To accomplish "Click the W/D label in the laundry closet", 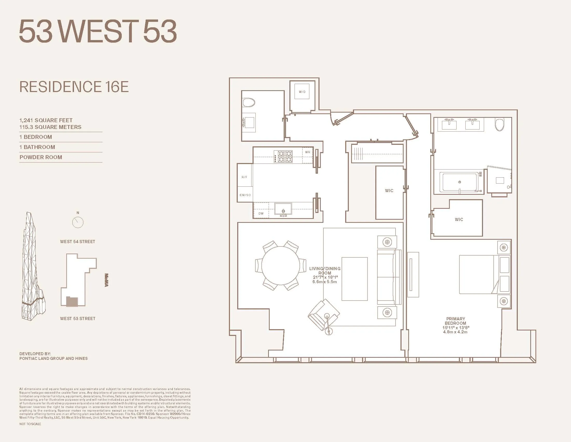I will tap(302, 92).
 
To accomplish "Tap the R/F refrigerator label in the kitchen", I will tap(244, 177).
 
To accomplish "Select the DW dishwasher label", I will tap(261, 213).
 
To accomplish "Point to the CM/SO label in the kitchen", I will tap(245, 195).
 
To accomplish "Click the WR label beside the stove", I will tap(308, 152).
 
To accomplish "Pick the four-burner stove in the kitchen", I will tap(283, 157).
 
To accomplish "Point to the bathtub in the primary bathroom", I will tap(460, 182).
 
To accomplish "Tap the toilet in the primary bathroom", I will tap(500, 125).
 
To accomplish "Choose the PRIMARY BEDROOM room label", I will tap(456, 321).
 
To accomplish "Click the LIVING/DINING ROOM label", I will tap(325, 271).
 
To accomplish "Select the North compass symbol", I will tap(78, 222).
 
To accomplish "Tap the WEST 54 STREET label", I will tap(78, 242).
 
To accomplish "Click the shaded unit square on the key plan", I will tap(72, 302).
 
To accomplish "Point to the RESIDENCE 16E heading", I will tap(74, 87).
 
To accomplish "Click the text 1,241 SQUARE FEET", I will tap(46, 120).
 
